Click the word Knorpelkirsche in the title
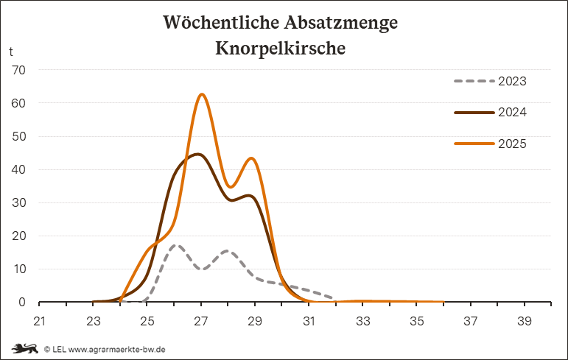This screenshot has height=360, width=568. [x=281, y=49]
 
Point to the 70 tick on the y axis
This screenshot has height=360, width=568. [x=18, y=70]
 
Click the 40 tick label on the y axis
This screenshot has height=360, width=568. [x=18, y=169]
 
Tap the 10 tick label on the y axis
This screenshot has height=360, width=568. [x=18, y=269]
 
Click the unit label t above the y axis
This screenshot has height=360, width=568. [x=11, y=52]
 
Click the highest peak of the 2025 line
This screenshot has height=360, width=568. [x=201, y=94]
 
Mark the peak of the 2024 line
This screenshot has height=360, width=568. [x=198, y=154]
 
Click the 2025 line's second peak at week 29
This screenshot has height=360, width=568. [x=253, y=158]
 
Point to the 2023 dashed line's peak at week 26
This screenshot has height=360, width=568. [x=175, y=245]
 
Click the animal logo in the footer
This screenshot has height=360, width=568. [x=24, y=348]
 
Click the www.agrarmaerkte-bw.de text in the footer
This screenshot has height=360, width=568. [x=116, y=349]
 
